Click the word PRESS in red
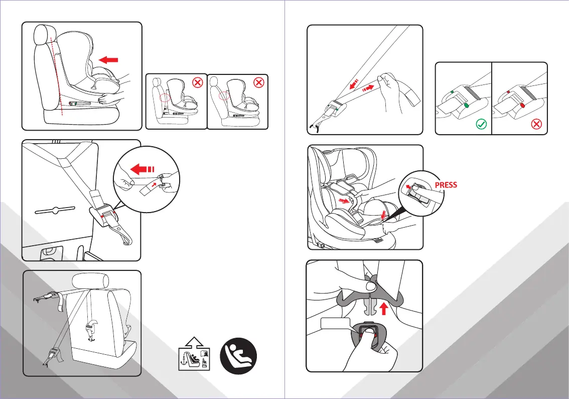(x=446, y=184)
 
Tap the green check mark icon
(x=481, y=124)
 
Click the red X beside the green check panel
(x=536, y=124)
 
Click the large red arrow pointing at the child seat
(x=108, y=60)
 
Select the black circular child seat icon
(x=239, y=356)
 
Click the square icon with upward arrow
(x=194, y=354)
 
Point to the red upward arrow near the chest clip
(x=384, y=309)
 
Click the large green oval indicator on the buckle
(x=466, y=106)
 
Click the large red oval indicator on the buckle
(x=522, y=106)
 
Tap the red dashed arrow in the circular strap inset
(x=143, y=169)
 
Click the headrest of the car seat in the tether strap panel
(x=90, y=281)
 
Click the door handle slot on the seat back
(x=55, y=211)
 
